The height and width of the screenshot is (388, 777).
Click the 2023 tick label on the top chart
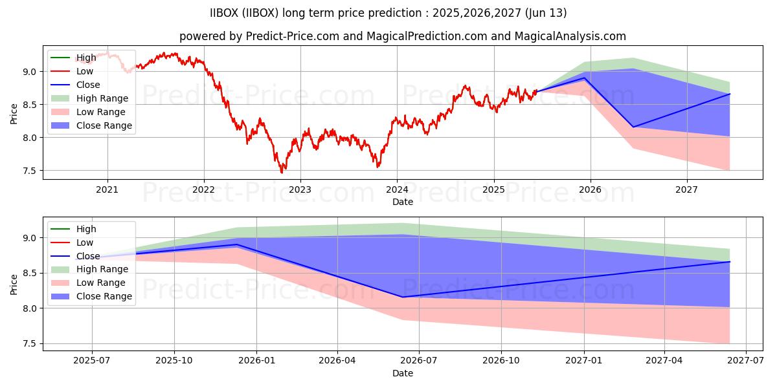pyautogui.click(x=300, y=189)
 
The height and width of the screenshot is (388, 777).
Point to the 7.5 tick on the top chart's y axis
pyautogui.click(x=32, y=171)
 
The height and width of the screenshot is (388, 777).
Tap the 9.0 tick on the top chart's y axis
pyautogui.click(x=32, y=71)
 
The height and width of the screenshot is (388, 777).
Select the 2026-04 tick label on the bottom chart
pyautogui.click(x=337, y=361)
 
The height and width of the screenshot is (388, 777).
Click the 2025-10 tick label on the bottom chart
pyautogui.click(x=174, y=361)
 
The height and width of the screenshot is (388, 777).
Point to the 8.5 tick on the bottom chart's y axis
pyautogui.click(x=32, y=274)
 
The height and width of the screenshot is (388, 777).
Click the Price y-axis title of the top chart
pyautogui.click(x=14, y=114)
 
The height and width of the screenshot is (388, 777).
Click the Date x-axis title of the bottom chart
pyautogui.click(x=403, y=373)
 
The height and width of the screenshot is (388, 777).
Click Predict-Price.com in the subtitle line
pyautogui.click(x=293, y=36)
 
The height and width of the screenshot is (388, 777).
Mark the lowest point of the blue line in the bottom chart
pyautogui.click(x=403, y=297)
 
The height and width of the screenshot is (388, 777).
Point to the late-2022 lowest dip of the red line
pyautogui.click(x=282, y=173)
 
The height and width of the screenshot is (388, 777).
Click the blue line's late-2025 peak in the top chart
pyautogui.click(x=585, y=78)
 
